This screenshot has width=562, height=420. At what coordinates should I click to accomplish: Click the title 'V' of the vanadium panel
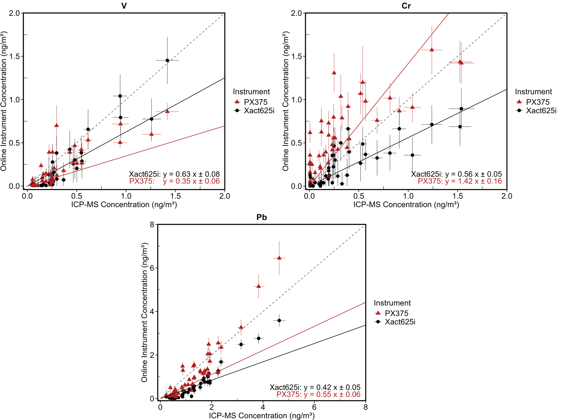(x=124, y=6)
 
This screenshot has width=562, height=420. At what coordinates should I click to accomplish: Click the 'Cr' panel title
(x=406, y=6)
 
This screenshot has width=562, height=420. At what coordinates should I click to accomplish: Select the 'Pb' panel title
(x=262, y=217)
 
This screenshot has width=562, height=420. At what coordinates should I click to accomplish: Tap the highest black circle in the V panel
(x=167, y=60)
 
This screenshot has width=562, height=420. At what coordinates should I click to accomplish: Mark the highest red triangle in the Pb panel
(x=279, y=258)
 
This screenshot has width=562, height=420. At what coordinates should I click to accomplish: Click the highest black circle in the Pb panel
(x=279, y=320)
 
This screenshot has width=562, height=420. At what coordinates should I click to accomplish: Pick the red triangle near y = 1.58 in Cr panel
(x=432, y=50)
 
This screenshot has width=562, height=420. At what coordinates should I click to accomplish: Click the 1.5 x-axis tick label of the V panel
(x=175, y=196)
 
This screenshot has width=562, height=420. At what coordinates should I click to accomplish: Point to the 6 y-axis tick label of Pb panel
(x=152, y=268)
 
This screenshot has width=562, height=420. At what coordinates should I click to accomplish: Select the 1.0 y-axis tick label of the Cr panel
(x=296, y=100)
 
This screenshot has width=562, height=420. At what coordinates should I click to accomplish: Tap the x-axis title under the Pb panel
(x=262, y=416)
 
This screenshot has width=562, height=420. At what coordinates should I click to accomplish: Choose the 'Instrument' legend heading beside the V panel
(x=251, y=92)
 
